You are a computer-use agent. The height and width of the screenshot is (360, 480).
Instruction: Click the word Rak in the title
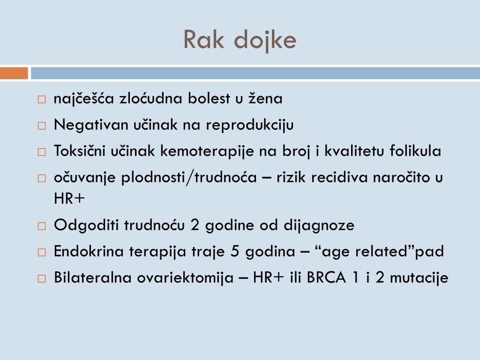203,39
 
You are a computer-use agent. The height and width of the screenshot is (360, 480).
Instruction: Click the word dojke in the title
265,41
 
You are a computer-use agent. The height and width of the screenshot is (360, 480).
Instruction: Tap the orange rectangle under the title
14,74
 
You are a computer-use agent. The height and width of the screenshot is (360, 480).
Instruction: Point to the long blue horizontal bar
255,74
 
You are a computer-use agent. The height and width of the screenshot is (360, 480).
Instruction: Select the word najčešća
84,99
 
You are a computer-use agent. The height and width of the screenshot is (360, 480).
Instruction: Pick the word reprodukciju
249,126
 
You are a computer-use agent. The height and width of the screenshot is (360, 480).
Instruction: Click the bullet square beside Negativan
42,126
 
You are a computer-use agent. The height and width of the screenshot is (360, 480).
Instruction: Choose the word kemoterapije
207,151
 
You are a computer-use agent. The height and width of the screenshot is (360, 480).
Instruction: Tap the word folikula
415,150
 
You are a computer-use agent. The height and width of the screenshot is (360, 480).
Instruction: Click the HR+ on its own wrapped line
69,198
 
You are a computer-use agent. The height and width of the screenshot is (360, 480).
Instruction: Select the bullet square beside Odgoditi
42,226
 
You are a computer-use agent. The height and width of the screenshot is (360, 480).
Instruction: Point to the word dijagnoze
319,225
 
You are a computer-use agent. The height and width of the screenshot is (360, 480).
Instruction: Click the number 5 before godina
235,251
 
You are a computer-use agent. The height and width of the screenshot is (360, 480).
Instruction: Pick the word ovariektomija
185,278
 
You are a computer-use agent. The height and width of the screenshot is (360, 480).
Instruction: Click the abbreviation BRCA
326,277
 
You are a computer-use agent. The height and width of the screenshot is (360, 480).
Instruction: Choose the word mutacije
419,278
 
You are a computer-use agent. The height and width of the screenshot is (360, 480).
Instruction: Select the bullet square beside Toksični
42,152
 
